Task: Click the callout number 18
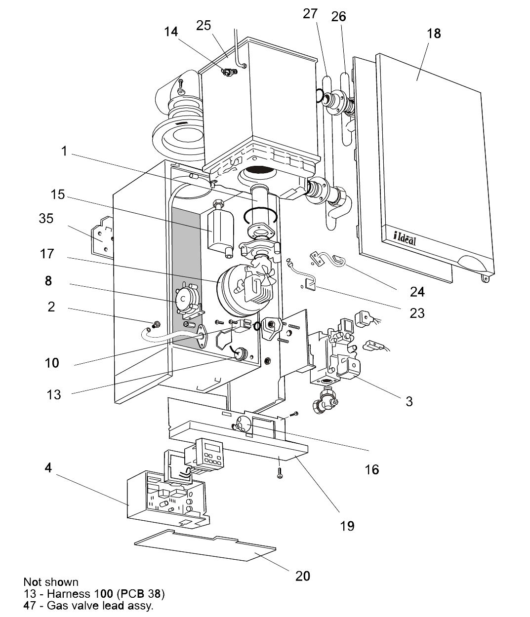point(433,34)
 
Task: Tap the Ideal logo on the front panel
point(405,237)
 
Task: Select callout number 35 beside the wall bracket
point(46,218)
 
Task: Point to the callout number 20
point(303,576)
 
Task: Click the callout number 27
point(310,14)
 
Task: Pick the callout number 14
point(171,32)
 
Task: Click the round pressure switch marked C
point(184,299)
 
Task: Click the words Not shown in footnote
point(50,582)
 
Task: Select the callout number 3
point(409,401)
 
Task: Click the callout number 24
point(417,292)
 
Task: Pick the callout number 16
point(371,469)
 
